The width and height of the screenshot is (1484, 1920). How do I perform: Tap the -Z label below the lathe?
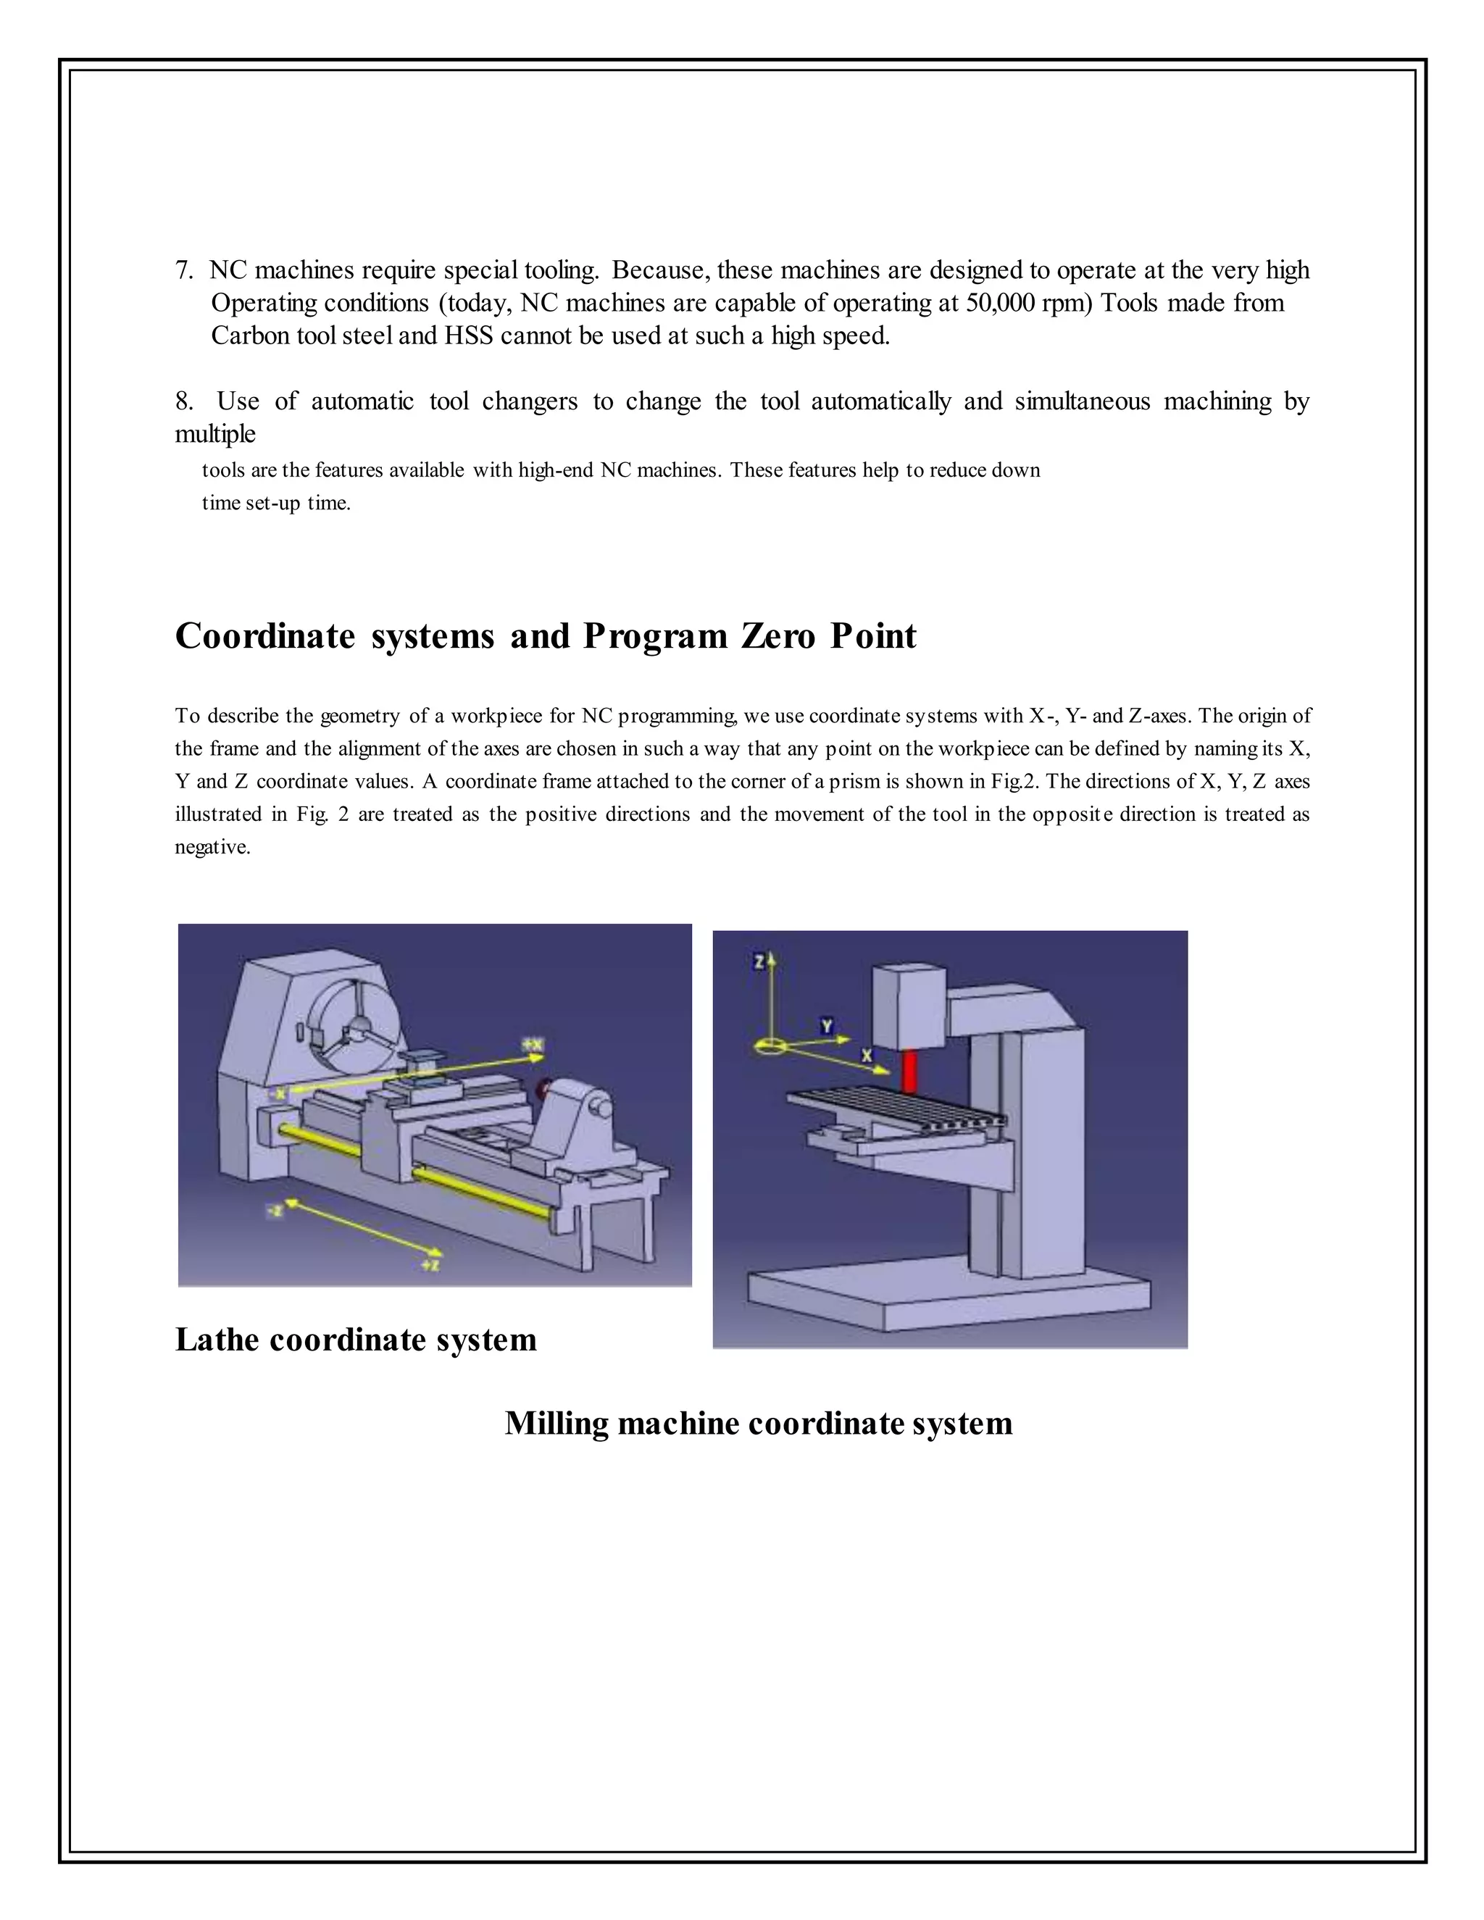pos(275,1211)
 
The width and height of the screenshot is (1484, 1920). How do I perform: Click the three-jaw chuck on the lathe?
pos(359,1026)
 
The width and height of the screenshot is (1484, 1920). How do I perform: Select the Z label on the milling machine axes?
pos(759,963)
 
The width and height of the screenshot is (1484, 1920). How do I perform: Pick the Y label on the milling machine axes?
pos(826,1026)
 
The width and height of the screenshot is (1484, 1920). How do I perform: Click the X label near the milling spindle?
pos(867,1055)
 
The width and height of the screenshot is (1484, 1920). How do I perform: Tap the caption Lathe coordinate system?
pos(355,1340)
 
